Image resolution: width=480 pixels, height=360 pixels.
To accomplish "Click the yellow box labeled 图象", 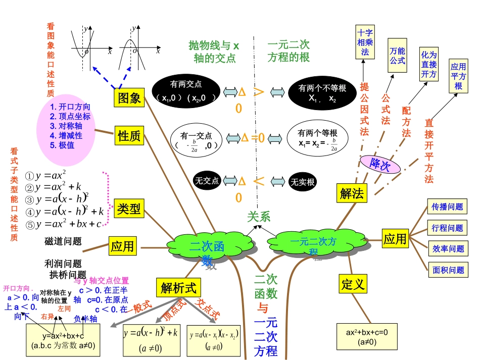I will click(129, 97).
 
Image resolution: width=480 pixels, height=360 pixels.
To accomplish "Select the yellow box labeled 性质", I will click(129, 135).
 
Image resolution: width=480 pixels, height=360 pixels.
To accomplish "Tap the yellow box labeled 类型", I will click(129, 208).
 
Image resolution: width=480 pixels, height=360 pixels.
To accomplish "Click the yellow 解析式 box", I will click(178, 288).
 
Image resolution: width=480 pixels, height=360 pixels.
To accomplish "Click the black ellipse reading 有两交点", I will click(186, 91).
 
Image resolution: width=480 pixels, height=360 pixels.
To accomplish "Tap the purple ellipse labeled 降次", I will click(380, 164).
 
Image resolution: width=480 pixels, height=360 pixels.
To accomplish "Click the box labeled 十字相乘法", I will click(365, 41).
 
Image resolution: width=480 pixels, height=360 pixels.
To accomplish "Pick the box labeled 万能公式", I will click(397, 56).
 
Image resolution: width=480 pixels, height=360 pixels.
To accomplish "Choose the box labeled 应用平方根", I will click(458, 76).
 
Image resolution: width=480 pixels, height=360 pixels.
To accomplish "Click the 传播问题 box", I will click(447, 207).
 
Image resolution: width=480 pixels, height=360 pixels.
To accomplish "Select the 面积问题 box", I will click(448, 270).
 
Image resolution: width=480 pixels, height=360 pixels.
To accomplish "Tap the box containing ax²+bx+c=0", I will click(364, 337).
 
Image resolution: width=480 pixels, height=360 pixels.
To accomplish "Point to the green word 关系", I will click(258, 217).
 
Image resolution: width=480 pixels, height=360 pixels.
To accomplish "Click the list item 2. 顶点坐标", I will click(71, 116).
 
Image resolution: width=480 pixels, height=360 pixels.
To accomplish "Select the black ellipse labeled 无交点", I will click(207, 181).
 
